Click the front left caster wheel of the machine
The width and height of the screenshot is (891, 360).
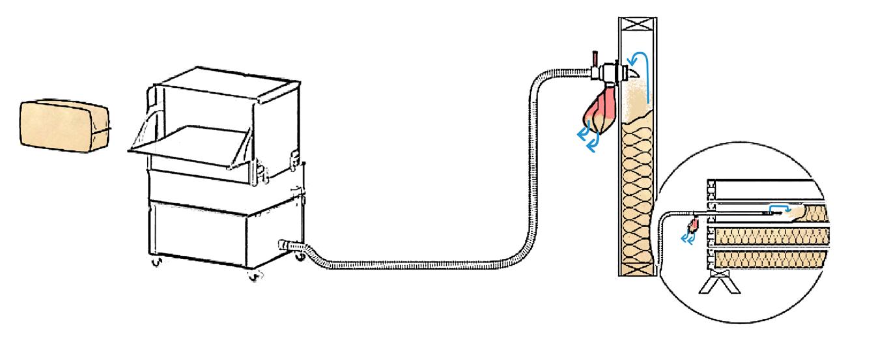(156, 263)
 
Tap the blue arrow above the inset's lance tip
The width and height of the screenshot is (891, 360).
(782, 208)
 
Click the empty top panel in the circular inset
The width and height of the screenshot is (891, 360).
(762, 190)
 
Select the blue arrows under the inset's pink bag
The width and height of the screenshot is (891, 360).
(687, 238)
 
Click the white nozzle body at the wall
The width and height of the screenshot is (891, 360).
(610, 71)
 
